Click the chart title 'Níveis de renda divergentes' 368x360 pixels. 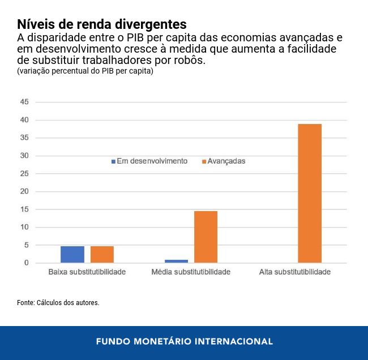tap(101, 24)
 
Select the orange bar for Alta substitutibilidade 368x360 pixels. tap(310, 193)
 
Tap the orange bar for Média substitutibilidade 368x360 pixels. tap(206, 237)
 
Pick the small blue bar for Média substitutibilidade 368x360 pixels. tap(177, 261)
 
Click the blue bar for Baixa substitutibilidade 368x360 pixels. tap(72, 254)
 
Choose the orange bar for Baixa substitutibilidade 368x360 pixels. tap(102, 254)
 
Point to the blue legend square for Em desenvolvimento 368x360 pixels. tap(113, 161)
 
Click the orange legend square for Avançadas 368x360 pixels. tap(204, 161)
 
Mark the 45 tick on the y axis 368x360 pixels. tap(24, 102)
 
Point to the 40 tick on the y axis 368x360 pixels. tap(24, 120)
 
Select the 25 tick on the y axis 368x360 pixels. tap(24, 174)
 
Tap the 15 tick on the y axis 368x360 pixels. tap(24, 209)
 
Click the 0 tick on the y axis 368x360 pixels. tap(26, 263)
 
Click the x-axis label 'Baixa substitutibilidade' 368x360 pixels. tap(87, 272)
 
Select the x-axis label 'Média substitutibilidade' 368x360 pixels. tap(191, 272)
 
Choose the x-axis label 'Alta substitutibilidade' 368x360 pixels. tap(294, 272)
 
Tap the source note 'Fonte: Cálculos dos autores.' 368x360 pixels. tap(58, 303)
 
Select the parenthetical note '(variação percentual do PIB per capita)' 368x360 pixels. tap(85, 71)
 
